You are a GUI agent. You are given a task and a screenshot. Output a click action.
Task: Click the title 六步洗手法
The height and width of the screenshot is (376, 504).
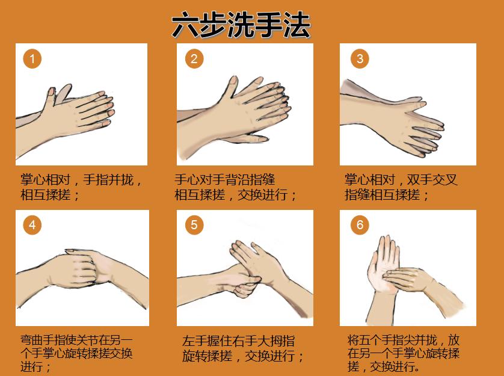pos(241,25)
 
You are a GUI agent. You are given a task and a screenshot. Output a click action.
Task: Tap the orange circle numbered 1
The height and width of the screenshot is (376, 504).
pos(32,58)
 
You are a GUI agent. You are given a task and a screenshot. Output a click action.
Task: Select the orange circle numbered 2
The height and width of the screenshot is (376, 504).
pos(194,58)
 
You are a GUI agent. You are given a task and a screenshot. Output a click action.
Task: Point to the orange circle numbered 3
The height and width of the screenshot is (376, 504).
pos(360,58)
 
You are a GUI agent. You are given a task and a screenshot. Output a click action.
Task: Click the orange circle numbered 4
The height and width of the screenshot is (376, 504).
pos(32,225)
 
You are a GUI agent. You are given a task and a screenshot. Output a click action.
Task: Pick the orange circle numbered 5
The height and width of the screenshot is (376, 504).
pos(194,225)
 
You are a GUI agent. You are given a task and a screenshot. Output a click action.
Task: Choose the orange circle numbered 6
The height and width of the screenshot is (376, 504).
pos(360,225)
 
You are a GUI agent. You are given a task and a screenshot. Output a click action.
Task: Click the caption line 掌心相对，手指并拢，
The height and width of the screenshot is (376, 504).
pos(81,179)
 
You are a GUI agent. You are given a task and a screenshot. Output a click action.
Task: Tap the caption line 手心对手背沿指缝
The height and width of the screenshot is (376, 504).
pos(225,179)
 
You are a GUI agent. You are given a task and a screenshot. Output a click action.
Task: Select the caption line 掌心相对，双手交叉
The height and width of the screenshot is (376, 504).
pos(401,179)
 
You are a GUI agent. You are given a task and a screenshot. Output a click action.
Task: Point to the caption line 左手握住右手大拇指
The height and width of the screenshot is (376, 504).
pos(239,341)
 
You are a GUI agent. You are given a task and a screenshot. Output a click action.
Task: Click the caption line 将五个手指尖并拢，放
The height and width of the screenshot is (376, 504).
pos(404,340)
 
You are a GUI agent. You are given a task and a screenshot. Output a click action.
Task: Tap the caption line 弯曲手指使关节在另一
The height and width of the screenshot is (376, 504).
pos(76,340)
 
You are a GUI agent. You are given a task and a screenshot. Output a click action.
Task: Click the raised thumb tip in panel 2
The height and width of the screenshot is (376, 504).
pos(233,80)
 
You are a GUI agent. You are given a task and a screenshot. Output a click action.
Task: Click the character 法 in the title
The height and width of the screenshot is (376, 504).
pos(297,25)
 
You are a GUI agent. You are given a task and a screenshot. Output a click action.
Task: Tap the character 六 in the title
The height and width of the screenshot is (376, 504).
pos(185,25)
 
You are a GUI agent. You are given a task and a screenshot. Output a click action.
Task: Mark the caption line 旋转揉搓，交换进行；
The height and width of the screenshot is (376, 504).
pos(243,356)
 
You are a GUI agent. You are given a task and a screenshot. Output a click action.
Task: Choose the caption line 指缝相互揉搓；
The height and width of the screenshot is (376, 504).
pos(387,195)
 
